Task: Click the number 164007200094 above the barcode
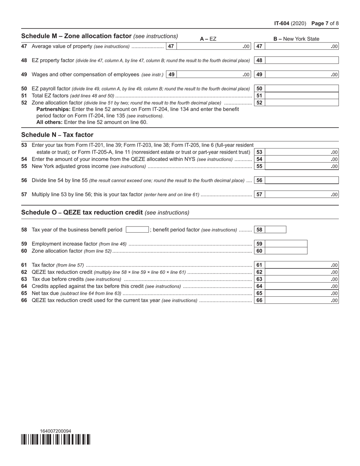point(55,431)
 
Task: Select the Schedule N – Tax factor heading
point(57,135)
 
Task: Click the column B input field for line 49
point(301,75)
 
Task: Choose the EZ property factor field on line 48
point(301,60)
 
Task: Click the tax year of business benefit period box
point(137,230)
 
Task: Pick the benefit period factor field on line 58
point(275,230)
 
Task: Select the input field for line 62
point(301,272)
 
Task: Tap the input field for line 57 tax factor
point(301,194)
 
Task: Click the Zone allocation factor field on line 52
point(301,103)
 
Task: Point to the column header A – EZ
point(208,39)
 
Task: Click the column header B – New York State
point(296,39)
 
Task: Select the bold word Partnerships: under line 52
point(53,109)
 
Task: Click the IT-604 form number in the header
point(282,23)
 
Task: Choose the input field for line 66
point(301,300)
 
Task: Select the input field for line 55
point(301,166)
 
